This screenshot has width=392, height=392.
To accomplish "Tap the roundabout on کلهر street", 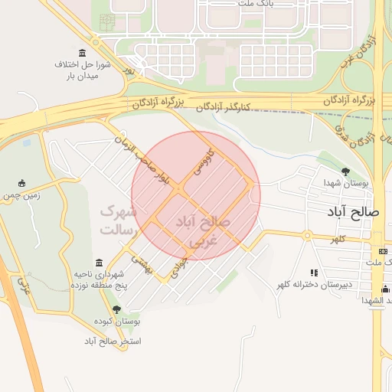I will coord(307,236).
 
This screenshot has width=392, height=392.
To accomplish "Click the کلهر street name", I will coord(338,239).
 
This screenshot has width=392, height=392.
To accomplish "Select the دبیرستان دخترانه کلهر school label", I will coord(314,286).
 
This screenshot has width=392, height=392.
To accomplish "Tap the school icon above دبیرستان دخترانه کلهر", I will coord(314,273).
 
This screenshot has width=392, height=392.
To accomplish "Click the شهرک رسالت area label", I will coord(118,220).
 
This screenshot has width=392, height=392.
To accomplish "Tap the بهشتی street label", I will coord(141,263).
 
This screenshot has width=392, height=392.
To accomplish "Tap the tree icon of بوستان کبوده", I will coord(116,309).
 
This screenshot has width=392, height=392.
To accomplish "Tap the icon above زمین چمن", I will coord(21,183).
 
